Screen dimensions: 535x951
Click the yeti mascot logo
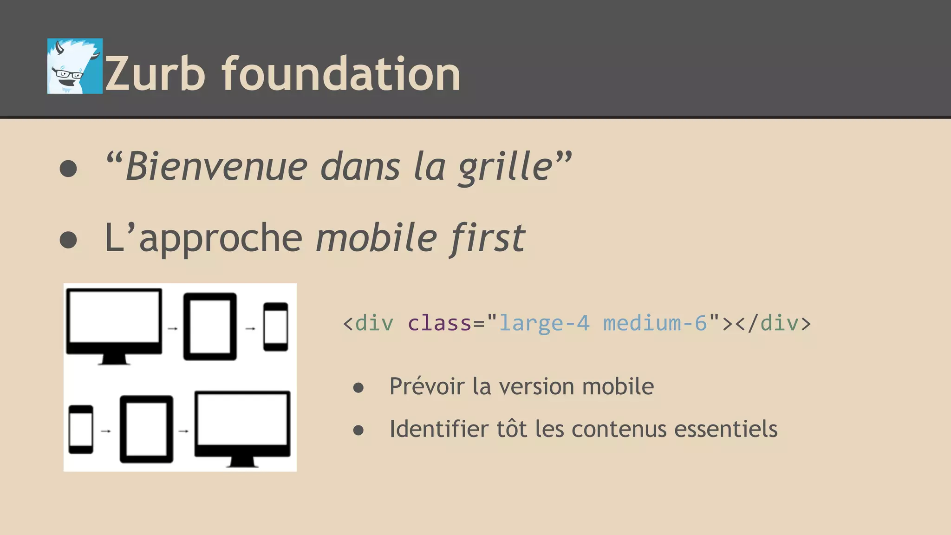(75, 66)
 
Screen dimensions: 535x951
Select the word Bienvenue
(216, 167)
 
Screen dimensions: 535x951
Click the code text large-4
(544, 323)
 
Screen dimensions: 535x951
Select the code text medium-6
(655, 323)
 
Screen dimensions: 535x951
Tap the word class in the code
(439, 323)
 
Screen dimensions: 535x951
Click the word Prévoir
(427, 386)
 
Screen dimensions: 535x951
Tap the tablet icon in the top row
(210, 326)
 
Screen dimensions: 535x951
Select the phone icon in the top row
(275, 326)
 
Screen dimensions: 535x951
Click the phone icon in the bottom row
(81, 430)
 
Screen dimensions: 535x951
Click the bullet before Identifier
(358, 430)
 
